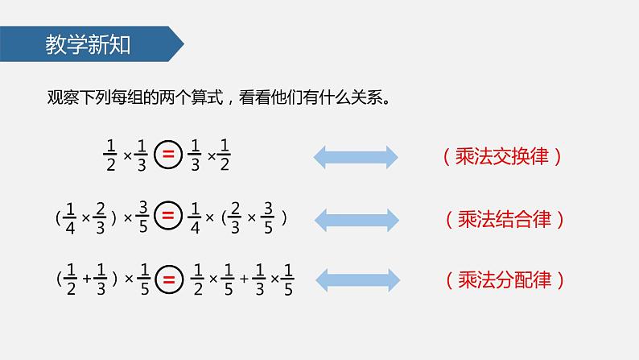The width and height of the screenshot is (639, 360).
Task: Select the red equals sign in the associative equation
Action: click(x=168, y=217)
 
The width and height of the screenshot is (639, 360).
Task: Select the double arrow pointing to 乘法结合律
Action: click(x=355, y=218)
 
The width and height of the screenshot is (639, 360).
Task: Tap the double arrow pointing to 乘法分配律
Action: click(x=355, y=279)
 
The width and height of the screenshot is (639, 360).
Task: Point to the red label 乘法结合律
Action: click(x=503, y=218)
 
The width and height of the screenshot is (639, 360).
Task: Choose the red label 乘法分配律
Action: click(x=503, y=280)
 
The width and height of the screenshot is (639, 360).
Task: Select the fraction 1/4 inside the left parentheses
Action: click(x=72, y=217)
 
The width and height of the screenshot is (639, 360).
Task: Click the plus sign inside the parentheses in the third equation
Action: click(x=87, y=279)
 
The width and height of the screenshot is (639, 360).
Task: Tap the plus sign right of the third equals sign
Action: click(x=243, y=279)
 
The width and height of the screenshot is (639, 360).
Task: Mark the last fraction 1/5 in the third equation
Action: click(x=289, y=279)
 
